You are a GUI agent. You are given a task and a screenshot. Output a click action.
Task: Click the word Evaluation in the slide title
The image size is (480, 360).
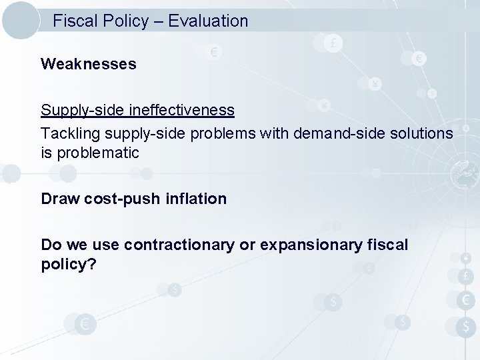point(208,21)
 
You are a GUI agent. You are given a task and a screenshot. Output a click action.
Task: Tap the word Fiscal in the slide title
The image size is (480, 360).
point(75,21)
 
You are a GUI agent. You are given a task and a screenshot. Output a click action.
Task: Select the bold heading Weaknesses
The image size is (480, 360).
point(88,64)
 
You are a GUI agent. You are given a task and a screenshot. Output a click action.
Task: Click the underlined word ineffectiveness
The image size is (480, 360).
point(185,109)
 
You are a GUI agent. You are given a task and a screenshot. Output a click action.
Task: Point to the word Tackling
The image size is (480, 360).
point(67,133)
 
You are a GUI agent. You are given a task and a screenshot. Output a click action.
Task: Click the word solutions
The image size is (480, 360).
point(419,133)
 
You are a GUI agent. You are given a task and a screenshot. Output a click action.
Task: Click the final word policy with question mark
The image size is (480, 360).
point(69,265)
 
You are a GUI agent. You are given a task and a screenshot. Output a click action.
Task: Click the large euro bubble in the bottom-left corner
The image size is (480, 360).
point(85,325)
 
